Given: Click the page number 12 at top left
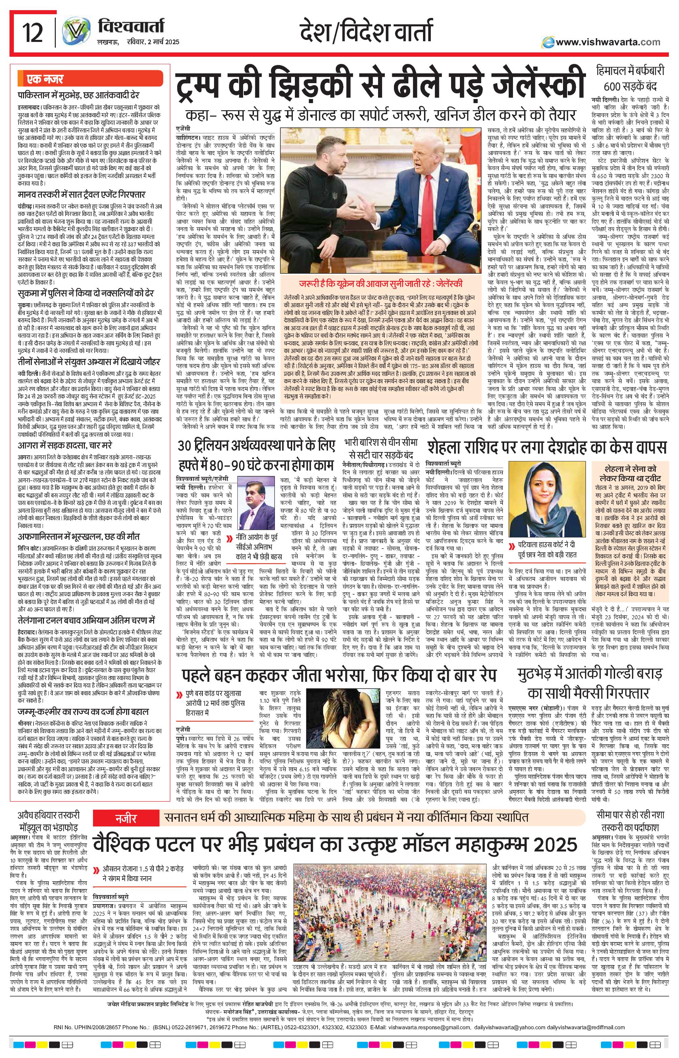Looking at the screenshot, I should click(33, 33).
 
